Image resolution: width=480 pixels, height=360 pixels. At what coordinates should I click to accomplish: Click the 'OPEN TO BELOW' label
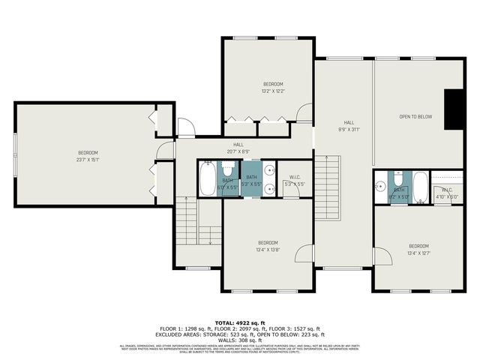click(415, 117)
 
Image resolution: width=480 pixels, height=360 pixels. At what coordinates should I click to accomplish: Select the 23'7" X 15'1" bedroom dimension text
click(88, 159)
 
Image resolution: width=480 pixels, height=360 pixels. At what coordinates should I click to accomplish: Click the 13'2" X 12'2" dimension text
click(273, 91)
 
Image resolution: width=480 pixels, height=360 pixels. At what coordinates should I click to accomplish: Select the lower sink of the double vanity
click(268, 189)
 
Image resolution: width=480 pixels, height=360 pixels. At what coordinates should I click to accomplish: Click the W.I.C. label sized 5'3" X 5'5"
click(294, 178)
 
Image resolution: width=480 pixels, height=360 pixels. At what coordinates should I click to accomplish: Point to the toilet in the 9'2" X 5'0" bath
click(398, 180)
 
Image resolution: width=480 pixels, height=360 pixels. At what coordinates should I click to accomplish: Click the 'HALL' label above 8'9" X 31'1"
click(349, 122)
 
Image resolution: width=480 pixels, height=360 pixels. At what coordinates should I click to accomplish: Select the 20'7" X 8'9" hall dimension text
click(238, 151)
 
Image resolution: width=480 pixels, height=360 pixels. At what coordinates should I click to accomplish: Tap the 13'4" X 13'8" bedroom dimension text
click(268, 250)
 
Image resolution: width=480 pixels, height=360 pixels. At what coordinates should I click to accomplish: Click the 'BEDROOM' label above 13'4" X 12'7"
click(418, 246)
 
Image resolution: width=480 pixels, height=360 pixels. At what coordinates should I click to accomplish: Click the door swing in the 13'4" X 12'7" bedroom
click(383, 256)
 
